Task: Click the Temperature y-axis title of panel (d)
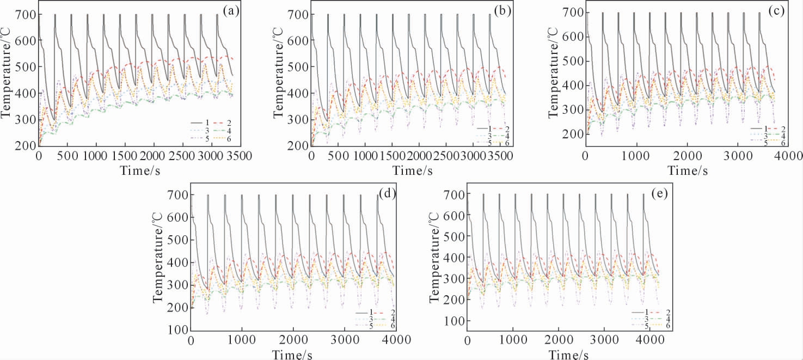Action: pos(159,264)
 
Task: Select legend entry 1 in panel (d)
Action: pos(364,312)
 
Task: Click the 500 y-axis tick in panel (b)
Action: pos(297,67)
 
